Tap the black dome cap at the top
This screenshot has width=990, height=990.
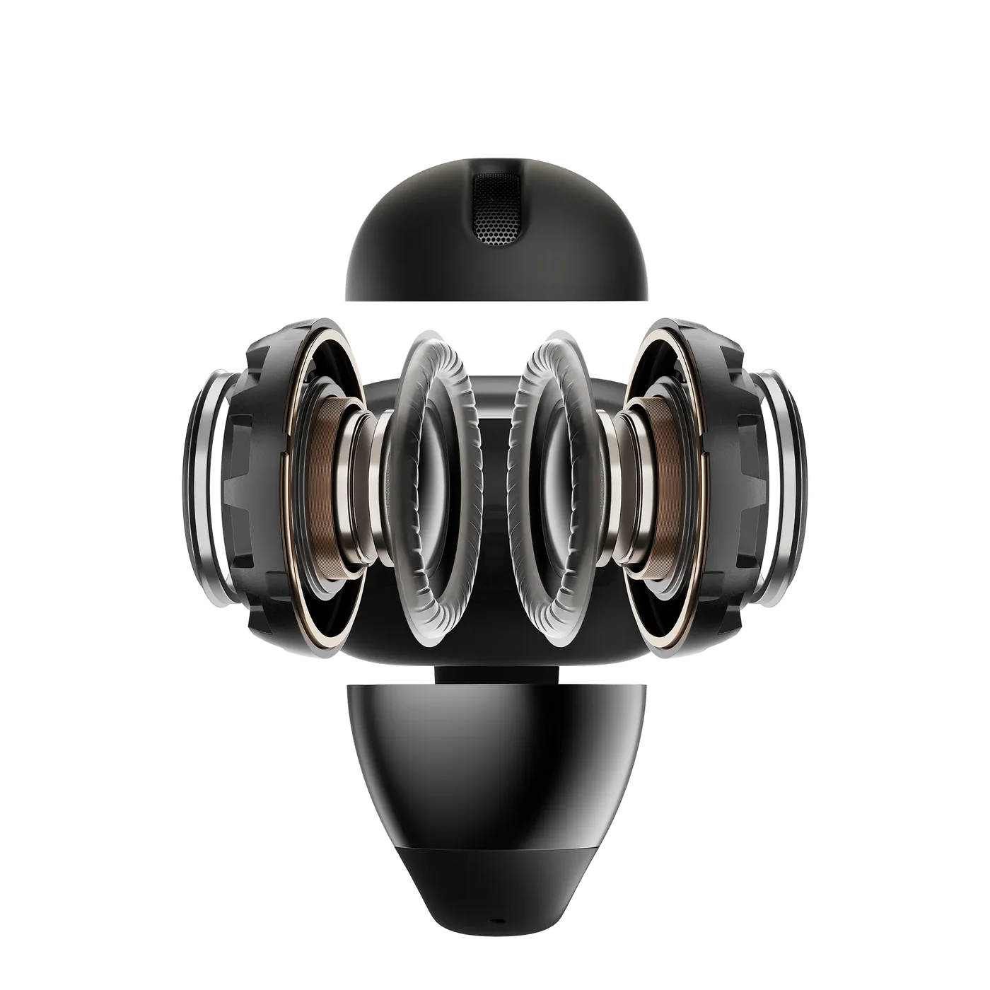pos(424,262)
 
